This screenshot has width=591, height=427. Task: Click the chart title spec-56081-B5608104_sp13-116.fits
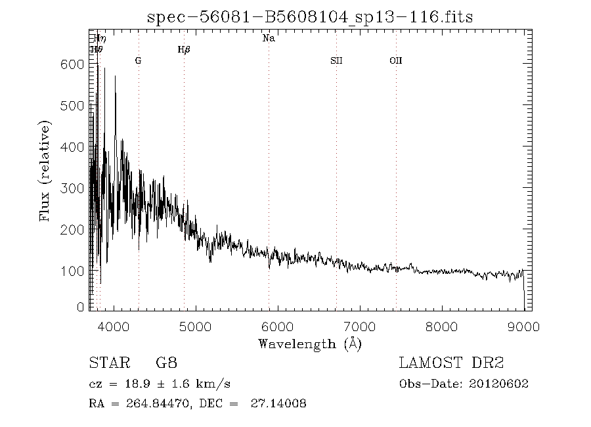[x=310, y=16]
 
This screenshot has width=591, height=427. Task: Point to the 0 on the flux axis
[x=81, y=307]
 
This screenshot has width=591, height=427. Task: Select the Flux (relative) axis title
[x=45, y=171]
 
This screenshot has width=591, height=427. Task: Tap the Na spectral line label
[x=269, y=38]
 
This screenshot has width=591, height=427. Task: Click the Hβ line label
[x=184, y=49]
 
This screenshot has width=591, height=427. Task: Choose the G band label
[x=138, y=60]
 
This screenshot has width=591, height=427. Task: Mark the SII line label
[x=336, y=60]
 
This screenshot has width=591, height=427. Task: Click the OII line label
[x=395, y=60]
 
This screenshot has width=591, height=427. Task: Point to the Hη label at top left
[x=100, y=38]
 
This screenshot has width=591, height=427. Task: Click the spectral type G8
[x=166, y=363]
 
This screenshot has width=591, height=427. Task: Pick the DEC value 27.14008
[x=278, y=403]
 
